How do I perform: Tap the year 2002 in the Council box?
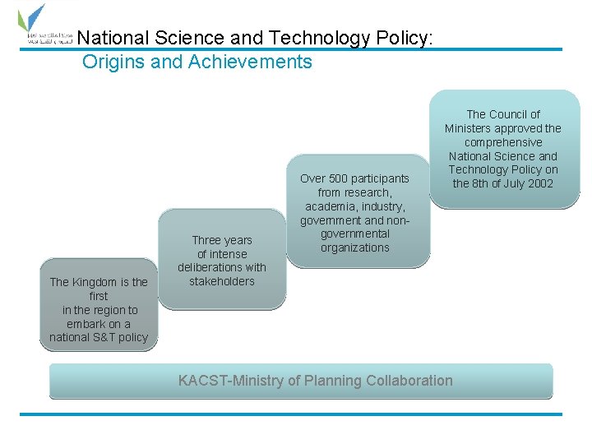pos(539,183)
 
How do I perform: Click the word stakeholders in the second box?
pos(222,281)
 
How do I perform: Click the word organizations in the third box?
pos(355,247)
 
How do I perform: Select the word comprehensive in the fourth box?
pos(502,142)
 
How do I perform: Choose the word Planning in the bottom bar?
pos(332,381)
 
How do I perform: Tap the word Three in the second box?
pos(206,240)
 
